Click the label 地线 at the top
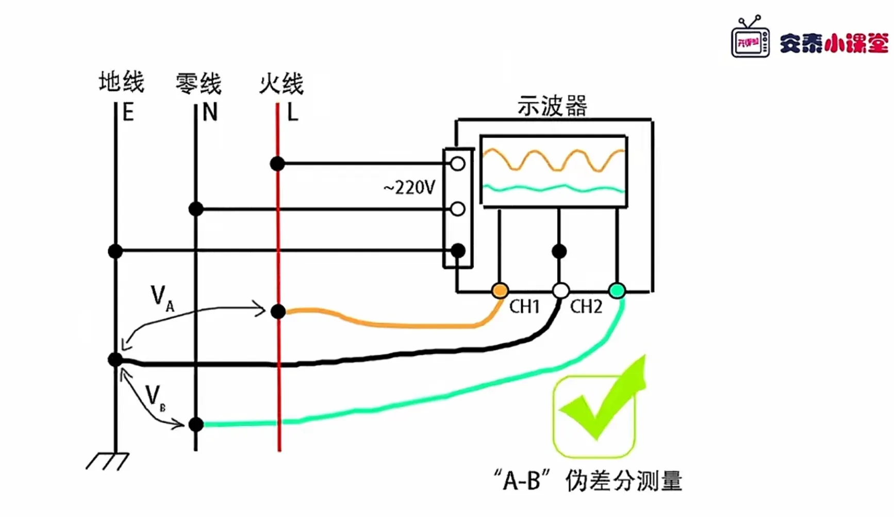pos(121,83)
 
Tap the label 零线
pos(198,84)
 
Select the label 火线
pos(281,84)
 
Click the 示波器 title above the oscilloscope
pos(552,106)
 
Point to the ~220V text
pos(410,188)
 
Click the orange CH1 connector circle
pos(500,290)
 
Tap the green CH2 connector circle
pos(617,290)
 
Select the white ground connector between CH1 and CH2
pos(560,290)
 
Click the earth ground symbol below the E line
pos(108,461)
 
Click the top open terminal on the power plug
pos(457,164)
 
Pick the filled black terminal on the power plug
pos(457,251)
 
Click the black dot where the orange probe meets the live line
pos(278,311)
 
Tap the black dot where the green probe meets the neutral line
pos(196,424)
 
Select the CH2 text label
pos(586,307)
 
